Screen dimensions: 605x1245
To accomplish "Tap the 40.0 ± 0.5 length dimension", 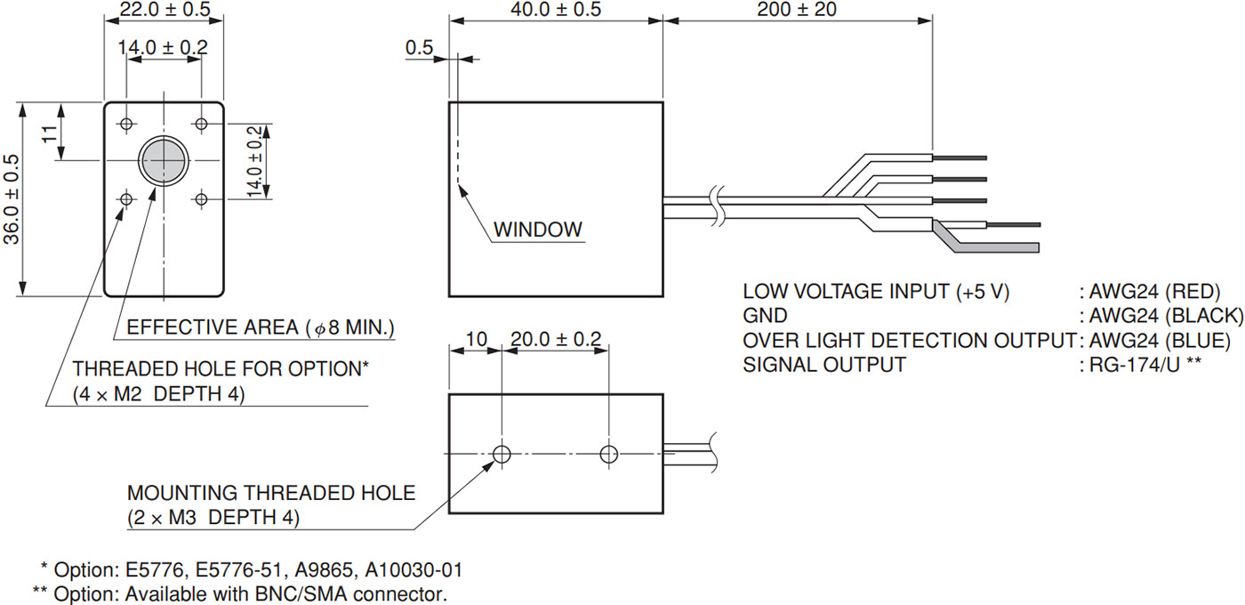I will tap(557, 10).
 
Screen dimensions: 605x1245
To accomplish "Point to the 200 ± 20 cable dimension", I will tap(797, 10).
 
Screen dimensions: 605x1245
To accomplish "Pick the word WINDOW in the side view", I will tap(538, 230).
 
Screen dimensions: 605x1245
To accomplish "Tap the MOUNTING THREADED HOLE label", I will tap(271, 492).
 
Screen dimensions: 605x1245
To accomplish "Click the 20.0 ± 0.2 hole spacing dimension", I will tap(555, 339).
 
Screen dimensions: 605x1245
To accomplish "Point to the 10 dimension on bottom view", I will tap(477, 339).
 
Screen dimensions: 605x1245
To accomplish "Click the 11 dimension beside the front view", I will tap(50, 133).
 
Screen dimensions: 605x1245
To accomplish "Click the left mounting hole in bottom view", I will tap(502, 455).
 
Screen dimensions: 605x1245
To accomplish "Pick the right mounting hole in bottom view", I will tap(608, 455).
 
